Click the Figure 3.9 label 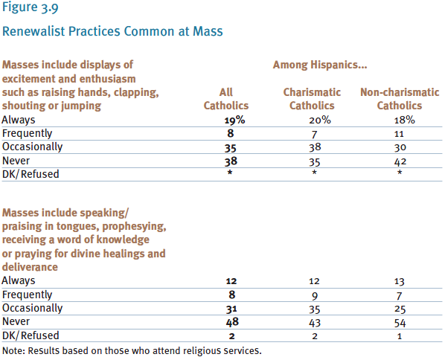[x=30, y=7]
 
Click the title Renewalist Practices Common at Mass [x=112, y=31]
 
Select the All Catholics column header [x=226, y=99]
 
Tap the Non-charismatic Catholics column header [x=400, y=99]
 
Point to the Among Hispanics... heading [x=320, y=65]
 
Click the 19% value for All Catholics [x=234, y=120]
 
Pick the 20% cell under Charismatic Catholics [x=320, y=120]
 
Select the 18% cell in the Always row [x=404, y=120]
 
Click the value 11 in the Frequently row [x=399, y=134]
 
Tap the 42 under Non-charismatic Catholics [x=400, y=161]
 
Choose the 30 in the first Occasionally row [x=400, y=147]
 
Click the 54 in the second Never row [x=400, y=323]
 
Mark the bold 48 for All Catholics [x=232, y=322]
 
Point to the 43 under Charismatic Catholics [x=315, y=323]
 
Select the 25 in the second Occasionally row [x=400, y=309]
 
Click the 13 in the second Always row [x=400, y=281]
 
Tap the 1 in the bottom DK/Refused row [x=400, y=336]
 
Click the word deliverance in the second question [x=30, y=267]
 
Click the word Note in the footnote [x=13, y=351]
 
